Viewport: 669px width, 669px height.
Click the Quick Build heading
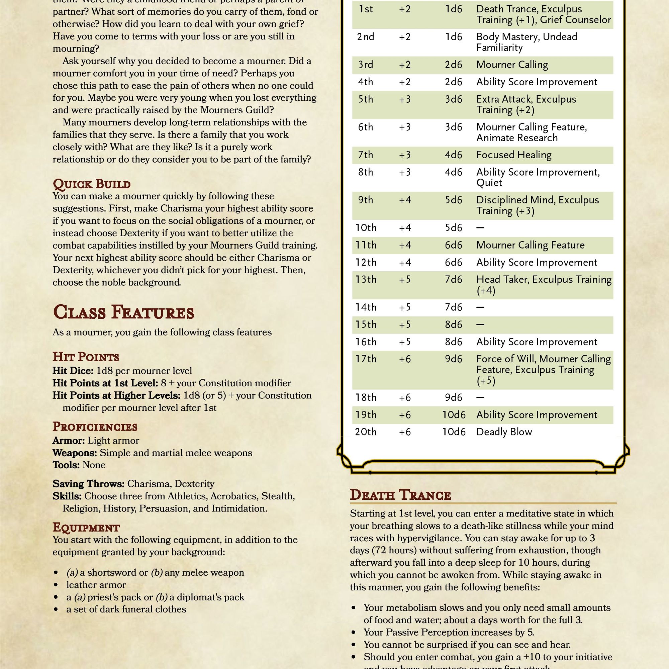tap(91, 184)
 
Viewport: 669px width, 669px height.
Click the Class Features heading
tap(124, 312)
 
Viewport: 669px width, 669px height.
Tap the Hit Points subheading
tap(86, 357)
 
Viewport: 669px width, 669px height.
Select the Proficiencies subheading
tap(95, 426)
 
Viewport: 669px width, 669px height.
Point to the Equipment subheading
tap(86, 528)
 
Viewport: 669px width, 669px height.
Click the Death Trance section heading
tap(400, 495)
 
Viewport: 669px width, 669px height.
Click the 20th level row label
tap(365, 432)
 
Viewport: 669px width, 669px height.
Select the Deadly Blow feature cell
tap(504, 432)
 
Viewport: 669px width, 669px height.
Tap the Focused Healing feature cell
tap(513, 155)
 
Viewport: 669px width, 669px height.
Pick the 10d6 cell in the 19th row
tap(454, 414)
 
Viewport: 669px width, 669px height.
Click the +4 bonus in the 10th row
tap(405, 228)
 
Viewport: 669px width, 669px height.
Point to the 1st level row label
tap(366, 9)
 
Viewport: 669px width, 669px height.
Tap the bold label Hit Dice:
tap(73, 371)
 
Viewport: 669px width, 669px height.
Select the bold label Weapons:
tap(75, 453)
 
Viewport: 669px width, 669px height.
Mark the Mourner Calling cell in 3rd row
tap(512, 65)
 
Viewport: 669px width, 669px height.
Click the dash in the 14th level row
tap(480, 307)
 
